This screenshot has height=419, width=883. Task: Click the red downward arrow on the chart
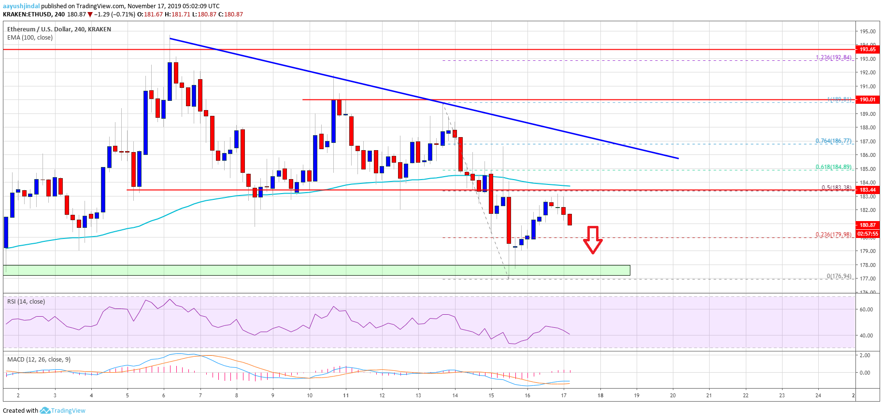593,239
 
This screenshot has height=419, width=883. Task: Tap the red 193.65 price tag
867,49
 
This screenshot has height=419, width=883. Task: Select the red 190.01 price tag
867,99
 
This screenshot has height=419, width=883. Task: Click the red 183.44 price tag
867,190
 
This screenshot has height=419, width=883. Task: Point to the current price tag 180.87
867,225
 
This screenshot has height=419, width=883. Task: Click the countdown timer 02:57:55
867,234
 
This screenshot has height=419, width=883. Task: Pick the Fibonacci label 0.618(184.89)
833,167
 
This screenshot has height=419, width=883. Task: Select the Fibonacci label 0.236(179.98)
833,235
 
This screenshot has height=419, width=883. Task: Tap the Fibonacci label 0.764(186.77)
833,141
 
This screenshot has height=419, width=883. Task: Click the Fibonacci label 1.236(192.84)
833,57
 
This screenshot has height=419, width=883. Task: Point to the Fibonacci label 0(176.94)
839,276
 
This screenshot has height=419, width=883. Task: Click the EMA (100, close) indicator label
30,38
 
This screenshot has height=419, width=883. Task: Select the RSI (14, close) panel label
26,302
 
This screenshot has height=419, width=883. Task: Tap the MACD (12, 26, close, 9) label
39,360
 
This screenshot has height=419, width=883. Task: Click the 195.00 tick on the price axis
867,31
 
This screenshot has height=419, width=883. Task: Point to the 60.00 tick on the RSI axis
866,309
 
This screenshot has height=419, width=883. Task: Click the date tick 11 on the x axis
346,395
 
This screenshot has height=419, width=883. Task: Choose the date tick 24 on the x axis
818,395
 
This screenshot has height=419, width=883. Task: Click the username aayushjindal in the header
21,6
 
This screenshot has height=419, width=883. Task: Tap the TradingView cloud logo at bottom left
45,411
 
